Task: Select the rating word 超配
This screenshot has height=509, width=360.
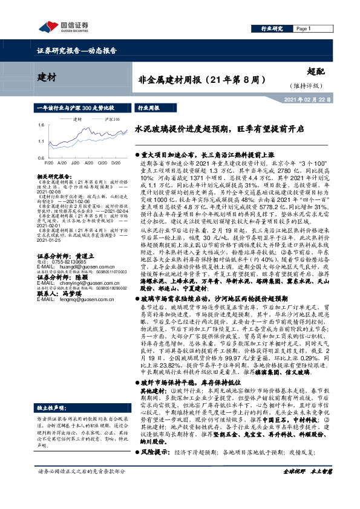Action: pyautogui.click(x=315, y=71)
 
